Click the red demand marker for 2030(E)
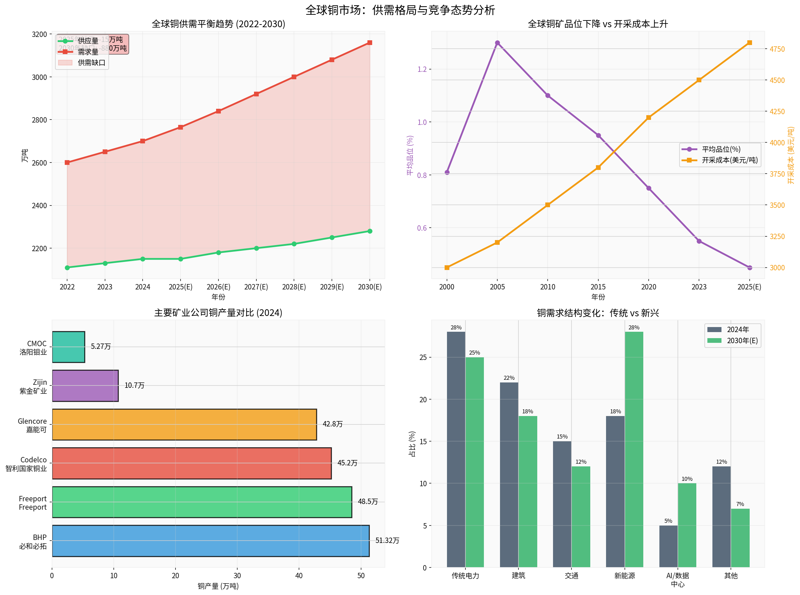coord(369,43)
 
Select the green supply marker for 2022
coord(67,268)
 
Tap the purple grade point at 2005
coord(497,43)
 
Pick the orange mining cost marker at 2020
coord(649,118)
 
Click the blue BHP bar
coord(210,541)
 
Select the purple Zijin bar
coord(85,386)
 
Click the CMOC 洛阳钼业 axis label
coord(33,348)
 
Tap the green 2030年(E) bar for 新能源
coord(634,450)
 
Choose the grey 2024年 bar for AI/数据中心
coord(668,546)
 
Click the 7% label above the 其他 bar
coord(740,504)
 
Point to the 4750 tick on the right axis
coord(777,49)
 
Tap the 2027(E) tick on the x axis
coord(256,287)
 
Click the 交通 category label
coord(571,576)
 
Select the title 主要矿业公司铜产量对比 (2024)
coord(218,313)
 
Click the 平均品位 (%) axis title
coord(410,155)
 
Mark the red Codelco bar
coord(192,463)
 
